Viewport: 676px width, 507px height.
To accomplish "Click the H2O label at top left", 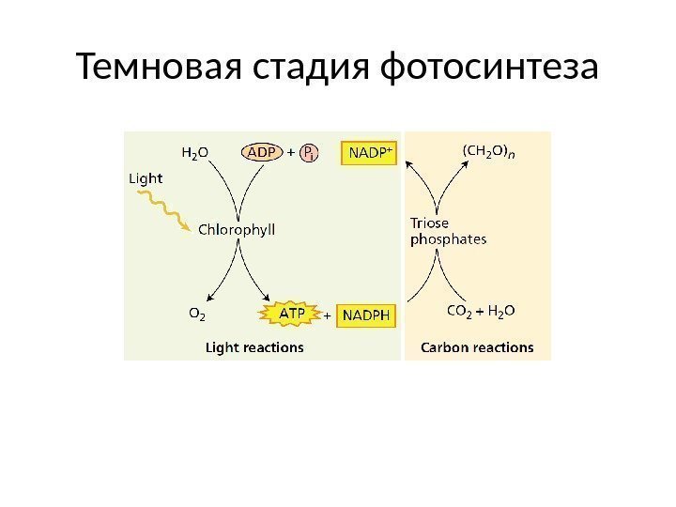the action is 194,151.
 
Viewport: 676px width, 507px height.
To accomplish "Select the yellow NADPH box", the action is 366,316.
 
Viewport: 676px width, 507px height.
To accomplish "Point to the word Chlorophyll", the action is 237,229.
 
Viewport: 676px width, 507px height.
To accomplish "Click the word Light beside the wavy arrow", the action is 146,177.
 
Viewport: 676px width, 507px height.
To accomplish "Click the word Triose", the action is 430,223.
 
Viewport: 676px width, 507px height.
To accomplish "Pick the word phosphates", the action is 449,238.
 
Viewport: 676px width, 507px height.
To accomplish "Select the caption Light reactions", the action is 254,347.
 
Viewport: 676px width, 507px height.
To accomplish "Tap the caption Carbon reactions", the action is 477,347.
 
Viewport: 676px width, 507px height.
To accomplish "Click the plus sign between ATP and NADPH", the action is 328,316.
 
